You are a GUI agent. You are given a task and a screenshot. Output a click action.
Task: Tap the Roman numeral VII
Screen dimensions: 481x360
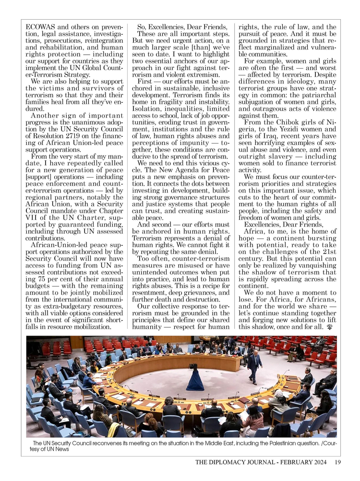pos(32,223)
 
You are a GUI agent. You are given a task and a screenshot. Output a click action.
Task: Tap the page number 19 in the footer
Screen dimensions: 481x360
pos(338,463)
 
